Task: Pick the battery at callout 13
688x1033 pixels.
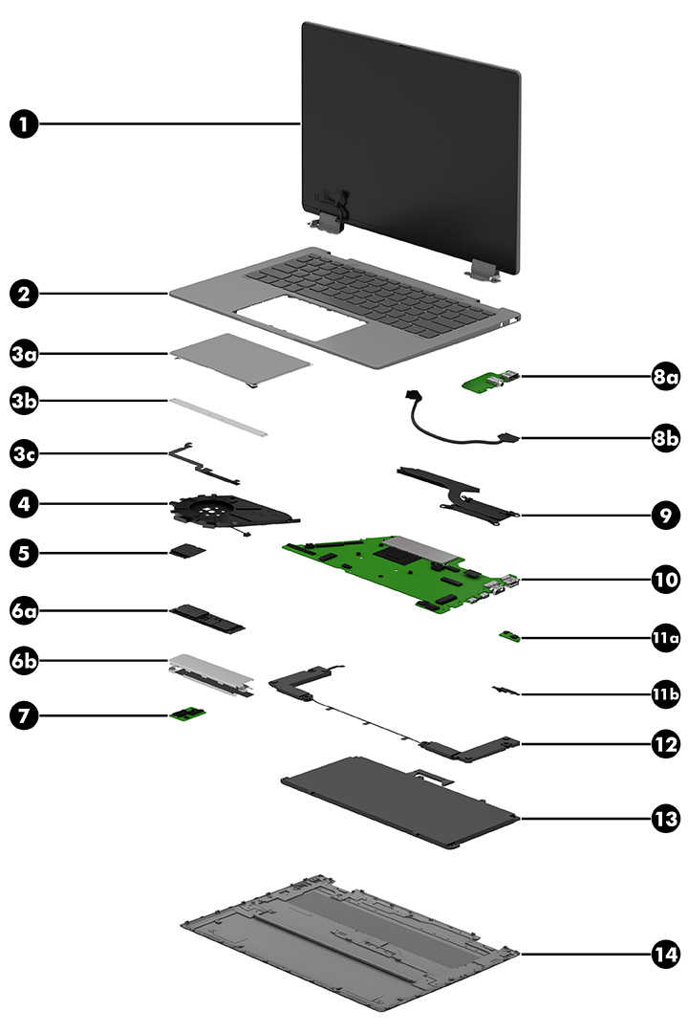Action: pyautogui.click(x=397, y=813)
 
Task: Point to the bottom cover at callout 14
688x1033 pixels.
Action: pyautogui.click(x=349, y=942)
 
